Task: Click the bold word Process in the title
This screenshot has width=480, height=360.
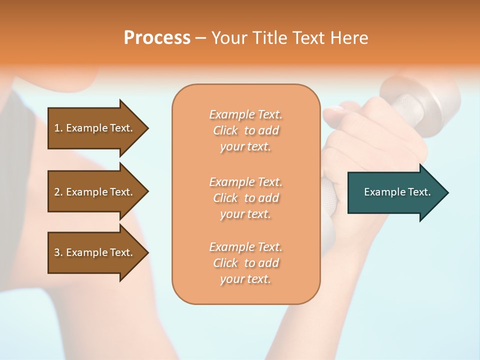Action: [x=157, y=38]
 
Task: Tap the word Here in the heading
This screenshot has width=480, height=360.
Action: [x=349, y=38]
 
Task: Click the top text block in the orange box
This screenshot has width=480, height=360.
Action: [x=246, y=130]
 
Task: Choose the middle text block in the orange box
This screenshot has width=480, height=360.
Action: [x=246, y=198]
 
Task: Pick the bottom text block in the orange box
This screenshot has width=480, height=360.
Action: [x=246, y=263]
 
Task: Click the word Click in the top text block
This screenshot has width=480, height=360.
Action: [x=225, y=130]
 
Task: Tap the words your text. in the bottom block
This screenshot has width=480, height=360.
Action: [x=245, y=279]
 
